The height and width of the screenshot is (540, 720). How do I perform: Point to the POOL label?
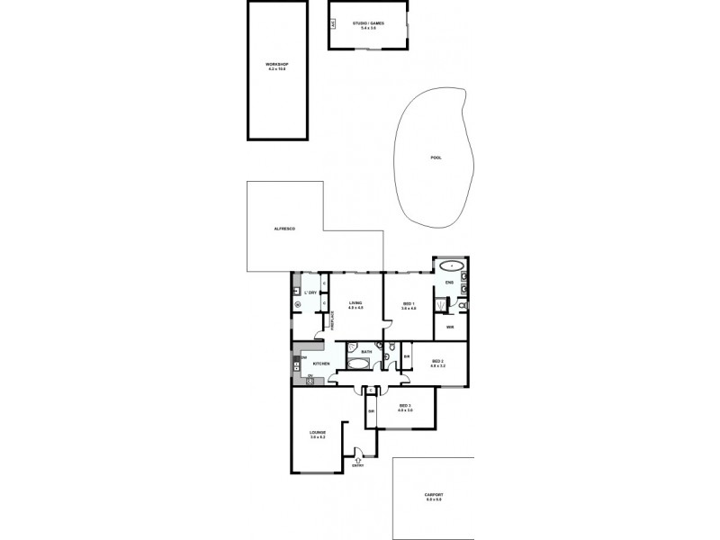click(x=436, y=157)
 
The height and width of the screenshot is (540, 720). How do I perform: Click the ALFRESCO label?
click(x=284, y=229)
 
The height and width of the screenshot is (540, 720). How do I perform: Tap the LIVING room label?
click(x=355, y=304)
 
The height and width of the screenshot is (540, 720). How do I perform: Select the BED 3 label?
click(x=405, y=407)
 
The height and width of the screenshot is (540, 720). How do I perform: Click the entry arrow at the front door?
click(x=359, y=460)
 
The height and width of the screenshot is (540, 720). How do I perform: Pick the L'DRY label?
click(x=310, y=293)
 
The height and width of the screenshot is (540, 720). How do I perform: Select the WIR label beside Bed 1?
click(x=449, y=327)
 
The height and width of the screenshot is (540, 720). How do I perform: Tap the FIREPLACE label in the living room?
click(x=333, y=321)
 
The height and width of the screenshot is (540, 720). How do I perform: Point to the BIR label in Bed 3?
click(x=371, y=412)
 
